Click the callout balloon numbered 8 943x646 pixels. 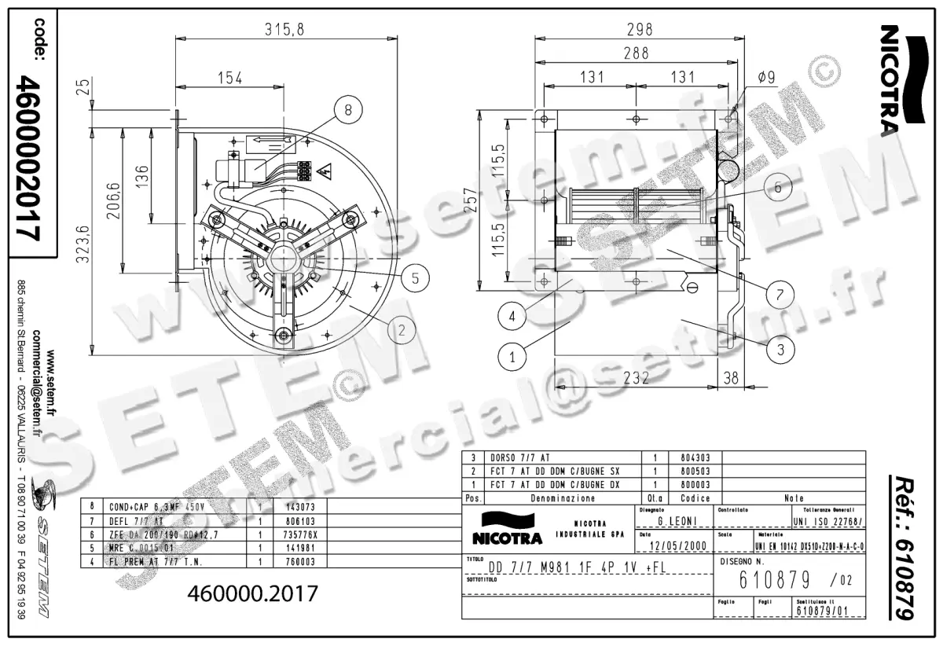click(348, 111)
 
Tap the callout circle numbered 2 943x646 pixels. click(401, 329)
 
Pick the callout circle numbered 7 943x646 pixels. click(780, 295)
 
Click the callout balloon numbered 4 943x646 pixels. click(512, 318)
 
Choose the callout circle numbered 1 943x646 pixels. click(512, 356)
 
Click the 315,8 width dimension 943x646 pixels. click(284, 30)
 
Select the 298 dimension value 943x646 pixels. click(640, 30)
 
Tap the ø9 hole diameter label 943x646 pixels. click(767, 77)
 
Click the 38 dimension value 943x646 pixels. click(731, 378)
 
